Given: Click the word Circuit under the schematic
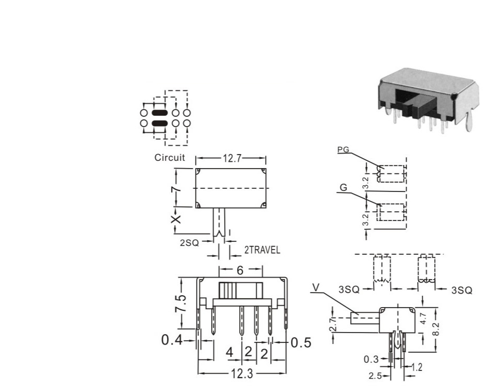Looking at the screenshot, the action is pos(169,158).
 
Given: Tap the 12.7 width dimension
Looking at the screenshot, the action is pos(232,158).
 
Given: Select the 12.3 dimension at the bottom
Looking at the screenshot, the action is pos(242,374).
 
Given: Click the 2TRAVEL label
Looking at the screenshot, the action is pos(262,250).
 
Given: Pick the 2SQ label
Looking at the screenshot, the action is pos(189,243).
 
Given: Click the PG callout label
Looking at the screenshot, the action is pos(343,149).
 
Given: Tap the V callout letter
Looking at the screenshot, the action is pos(315,287).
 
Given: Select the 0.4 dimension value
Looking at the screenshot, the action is pos(172,340).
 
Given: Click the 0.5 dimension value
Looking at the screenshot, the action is pos(301,342).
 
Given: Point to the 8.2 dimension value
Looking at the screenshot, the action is pos(435,329).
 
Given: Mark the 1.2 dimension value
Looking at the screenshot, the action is pos(417,367).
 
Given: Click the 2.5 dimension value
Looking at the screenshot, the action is pos(375,376).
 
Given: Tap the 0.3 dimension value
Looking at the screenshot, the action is pos(371,360).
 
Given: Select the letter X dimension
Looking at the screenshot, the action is pos(176,219).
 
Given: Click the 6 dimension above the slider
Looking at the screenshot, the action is pos(240,270).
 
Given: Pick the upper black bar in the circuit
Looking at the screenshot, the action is pos(159,113).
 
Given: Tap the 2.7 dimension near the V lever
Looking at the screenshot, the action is pos(333,324).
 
